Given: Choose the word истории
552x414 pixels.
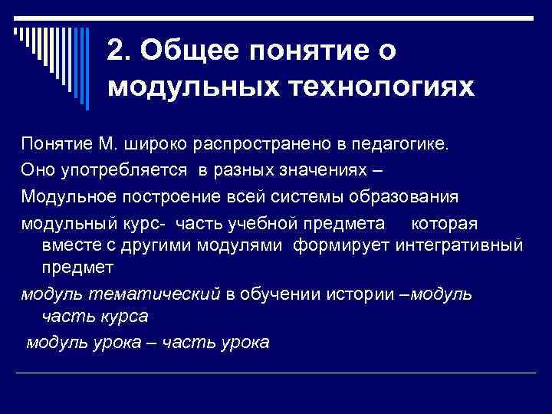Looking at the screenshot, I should pyautogui.click(x=357, y=294).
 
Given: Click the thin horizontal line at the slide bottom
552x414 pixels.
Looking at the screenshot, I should pyautogui.click(x=276, y=373).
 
